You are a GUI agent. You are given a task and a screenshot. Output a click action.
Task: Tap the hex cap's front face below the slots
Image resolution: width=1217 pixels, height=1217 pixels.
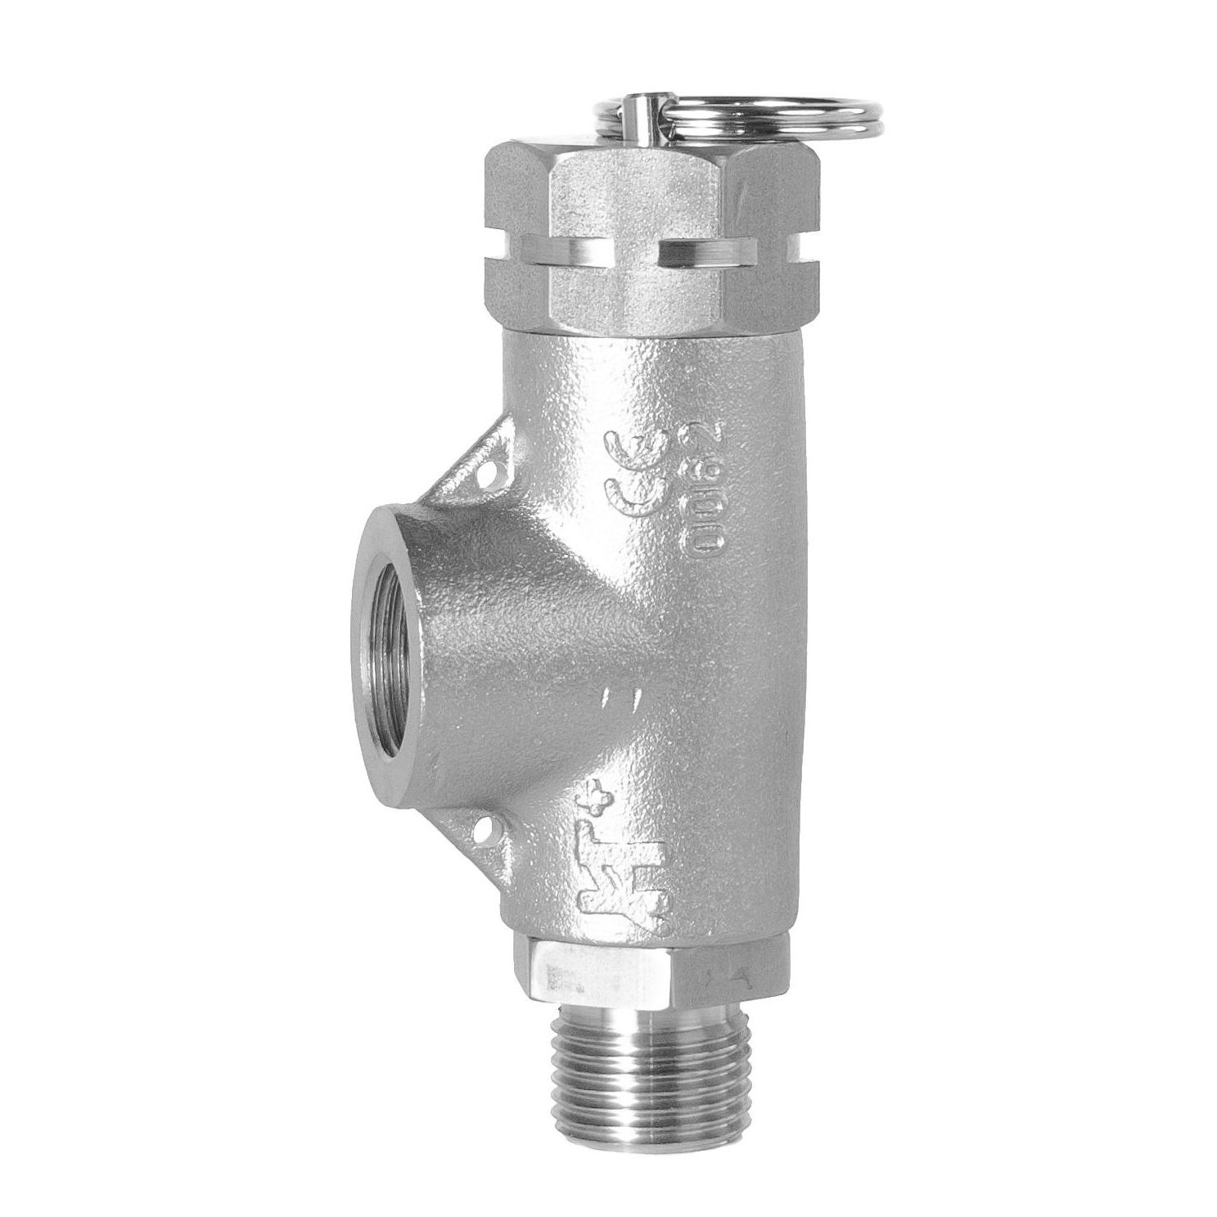pyautogui.click(x=634, y=299)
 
